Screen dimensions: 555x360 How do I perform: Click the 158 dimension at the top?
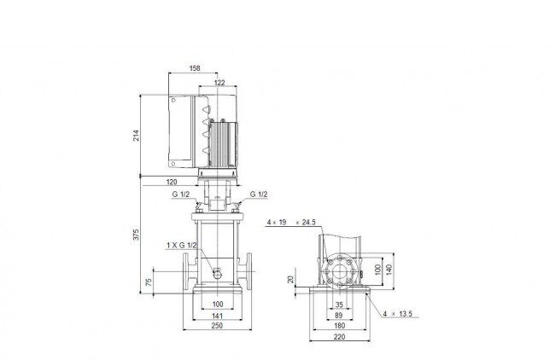tap(195, 68)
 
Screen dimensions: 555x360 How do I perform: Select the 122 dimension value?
tap(219, 83)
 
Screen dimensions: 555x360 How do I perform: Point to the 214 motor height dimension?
tap(137, 136)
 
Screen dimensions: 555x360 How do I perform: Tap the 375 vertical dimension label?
tap(137, 235)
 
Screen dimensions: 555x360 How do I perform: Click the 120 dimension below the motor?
tap(172, 182)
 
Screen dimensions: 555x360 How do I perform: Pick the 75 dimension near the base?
tap(149, 282)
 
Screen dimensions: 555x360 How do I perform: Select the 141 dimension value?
tap(217, 316)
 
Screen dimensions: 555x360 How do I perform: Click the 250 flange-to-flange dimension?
tap(217, 325)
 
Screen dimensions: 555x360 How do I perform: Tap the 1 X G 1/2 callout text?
tap(182, 245)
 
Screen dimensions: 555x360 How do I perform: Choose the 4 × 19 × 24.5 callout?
tap(291, 223)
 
